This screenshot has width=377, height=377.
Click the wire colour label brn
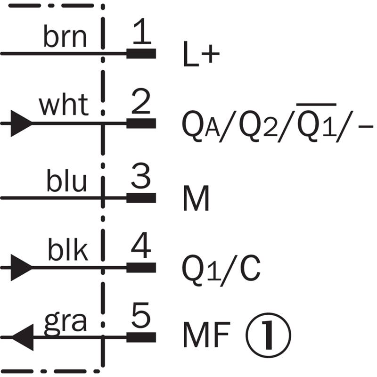coord(66,38)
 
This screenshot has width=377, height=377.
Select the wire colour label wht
coord(64,106)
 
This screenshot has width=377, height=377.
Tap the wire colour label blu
coord(66,182)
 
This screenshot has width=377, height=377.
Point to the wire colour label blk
coord(67,252)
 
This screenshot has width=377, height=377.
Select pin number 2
coord(141,103)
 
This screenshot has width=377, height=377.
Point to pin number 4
coord(141,248)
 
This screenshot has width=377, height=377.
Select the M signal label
coord(196,200)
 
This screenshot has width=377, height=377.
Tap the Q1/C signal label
coord(221,269)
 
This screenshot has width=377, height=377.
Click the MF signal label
coord(206,336)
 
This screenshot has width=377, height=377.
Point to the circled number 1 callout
coord(268,336)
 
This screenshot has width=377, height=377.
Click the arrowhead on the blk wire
coord(21,267)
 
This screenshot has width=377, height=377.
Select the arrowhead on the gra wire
coord(22,337)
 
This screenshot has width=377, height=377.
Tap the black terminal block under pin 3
coord(141,197)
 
